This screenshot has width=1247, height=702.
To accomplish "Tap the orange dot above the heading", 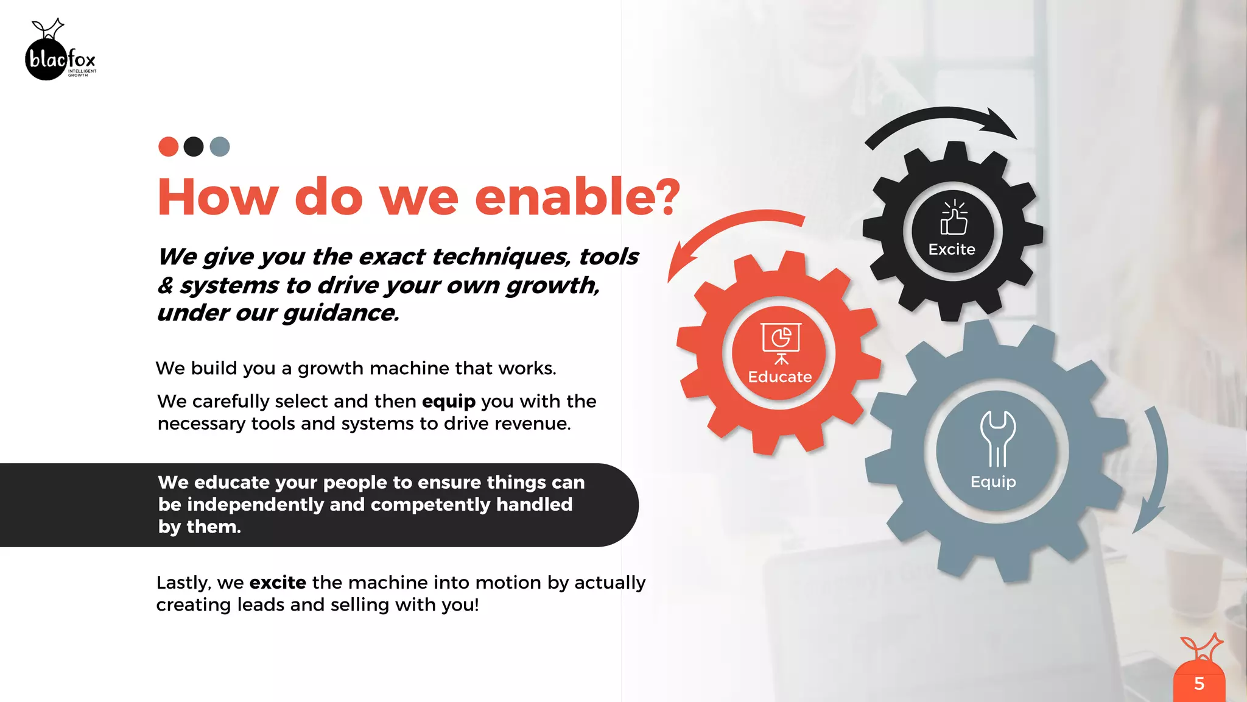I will pos(168,147).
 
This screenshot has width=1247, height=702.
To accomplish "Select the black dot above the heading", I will pos(194,147).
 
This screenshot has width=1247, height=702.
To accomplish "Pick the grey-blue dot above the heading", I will pos(220,147).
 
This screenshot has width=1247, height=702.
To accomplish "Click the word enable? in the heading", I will pos(577,197).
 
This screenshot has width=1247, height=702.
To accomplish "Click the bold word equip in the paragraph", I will pos(448,402).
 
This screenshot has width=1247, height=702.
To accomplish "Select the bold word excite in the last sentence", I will pos(278,583).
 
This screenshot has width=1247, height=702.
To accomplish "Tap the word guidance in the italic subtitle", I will pos(340,313).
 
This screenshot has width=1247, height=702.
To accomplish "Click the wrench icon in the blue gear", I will pos(997,438).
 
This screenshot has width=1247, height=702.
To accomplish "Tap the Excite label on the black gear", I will pos(952,249).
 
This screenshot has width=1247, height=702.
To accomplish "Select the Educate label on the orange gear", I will pos(779,377).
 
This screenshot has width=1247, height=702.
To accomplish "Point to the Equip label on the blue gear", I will pos(993,482).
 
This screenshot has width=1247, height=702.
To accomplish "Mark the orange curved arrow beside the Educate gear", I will pos(725,234).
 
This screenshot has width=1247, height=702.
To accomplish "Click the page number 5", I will pos(1199,684).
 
